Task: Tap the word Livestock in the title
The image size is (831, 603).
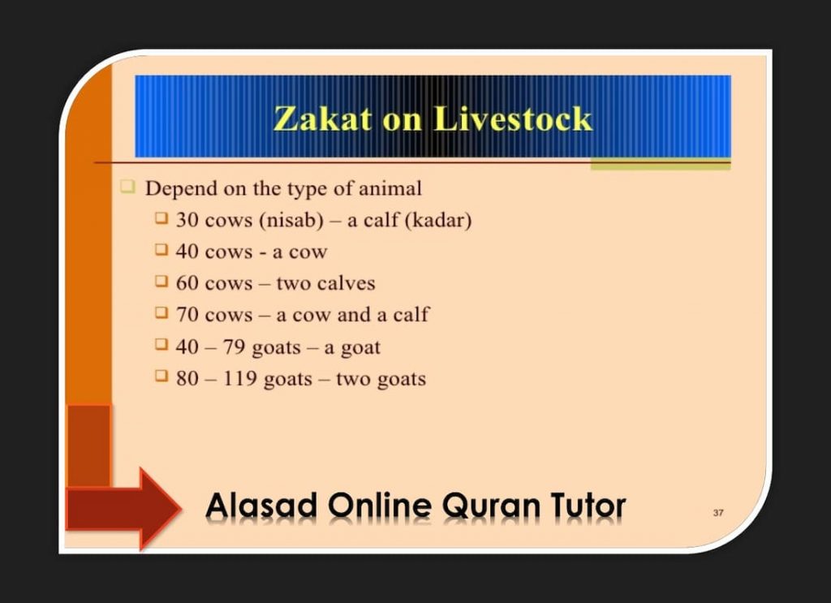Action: [x=513, y=118]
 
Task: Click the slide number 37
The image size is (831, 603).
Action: [x=718, y=513]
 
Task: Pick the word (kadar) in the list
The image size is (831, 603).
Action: [x=437, y=221]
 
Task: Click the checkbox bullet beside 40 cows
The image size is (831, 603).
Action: [x=161, y=250]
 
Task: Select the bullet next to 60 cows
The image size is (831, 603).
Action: [x=161, y=282]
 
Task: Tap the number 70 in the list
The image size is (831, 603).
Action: [x=187, y=314]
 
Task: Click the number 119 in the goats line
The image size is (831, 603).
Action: [x=240, y=378]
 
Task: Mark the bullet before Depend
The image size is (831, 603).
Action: [x=127, y=187]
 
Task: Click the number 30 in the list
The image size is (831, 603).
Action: [x=187, y=220]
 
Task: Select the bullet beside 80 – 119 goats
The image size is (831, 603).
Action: [x=161, y=377]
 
